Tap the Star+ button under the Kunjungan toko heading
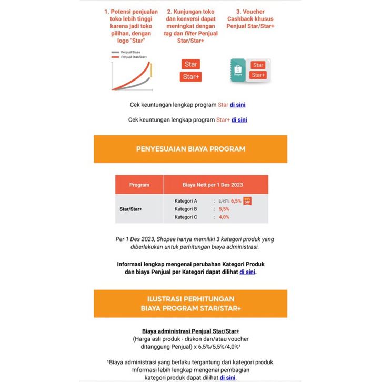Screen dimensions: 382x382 point(191,77)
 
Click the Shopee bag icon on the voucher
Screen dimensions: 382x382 point(237,68)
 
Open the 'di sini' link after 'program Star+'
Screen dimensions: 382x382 point(239,119)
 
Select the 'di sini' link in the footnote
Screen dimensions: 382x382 point(228,377)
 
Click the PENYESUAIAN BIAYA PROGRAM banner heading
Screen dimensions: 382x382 point(190,149)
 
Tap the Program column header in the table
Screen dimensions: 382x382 point(139,185)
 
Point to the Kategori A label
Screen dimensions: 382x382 point(186,201)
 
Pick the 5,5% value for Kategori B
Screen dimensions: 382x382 point(224,209)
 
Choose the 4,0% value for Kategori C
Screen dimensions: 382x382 point(224,217)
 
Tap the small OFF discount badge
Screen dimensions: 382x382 point(247,200)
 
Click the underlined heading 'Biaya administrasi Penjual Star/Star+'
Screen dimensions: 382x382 point(190,331)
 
